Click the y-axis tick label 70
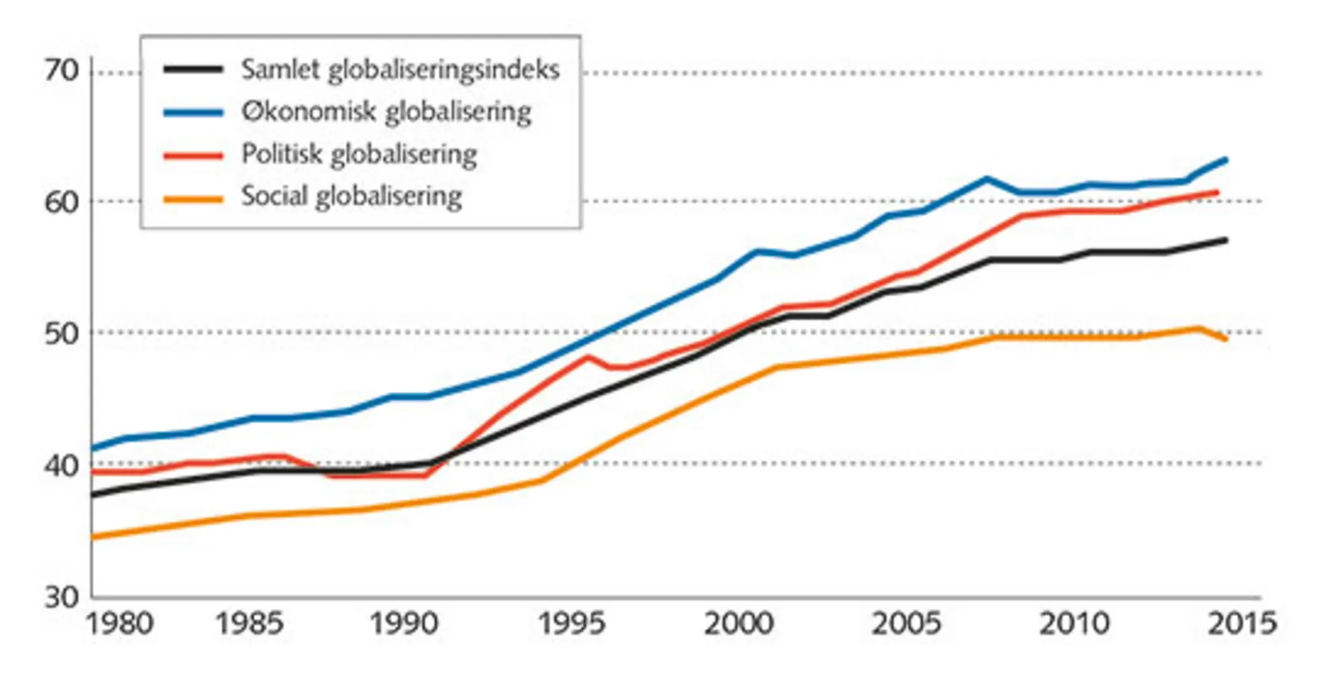coord(62,70)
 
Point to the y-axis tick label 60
coord(62,202)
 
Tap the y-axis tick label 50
coord(62,334)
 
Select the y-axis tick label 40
coord(62,464)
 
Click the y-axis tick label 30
coord(62,597)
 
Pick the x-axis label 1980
coord(120,624)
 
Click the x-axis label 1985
coord(248,624)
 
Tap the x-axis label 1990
coord(404,624)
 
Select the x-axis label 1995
coord(571,624)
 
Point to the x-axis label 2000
coord(739,624)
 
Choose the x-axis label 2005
coord(906,624)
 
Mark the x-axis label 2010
coord(1074,624)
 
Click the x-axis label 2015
coord(1242,624)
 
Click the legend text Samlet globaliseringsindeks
coord(400,70)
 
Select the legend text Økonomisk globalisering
coord(386,112)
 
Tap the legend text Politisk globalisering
coord(359,154)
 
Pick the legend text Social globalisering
coord(351,197)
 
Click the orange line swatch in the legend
coord(193,199)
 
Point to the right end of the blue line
coord(1226,160)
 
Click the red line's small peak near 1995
coord(588,356)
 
